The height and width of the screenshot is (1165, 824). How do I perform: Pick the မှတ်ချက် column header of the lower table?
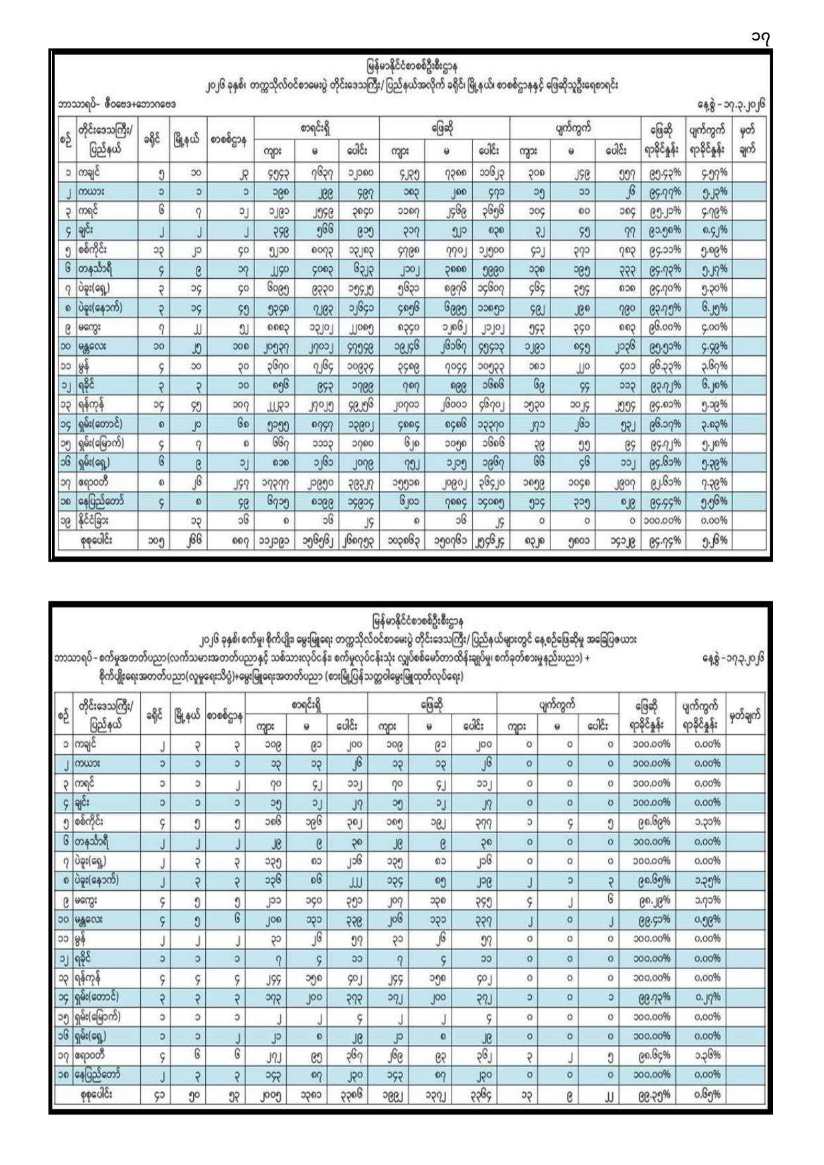point(745,715)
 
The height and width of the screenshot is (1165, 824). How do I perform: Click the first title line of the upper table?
point(412,66)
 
